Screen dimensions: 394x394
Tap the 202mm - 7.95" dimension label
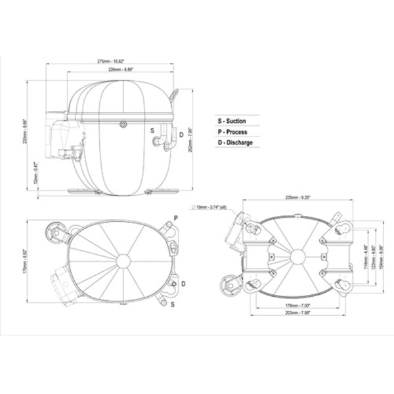(190, 139)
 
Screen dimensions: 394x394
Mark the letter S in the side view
(153, 131)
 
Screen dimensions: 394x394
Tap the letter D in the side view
(181, 135)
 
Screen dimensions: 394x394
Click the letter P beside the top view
(175, 217)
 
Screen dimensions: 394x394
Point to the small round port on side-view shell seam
(122, 124)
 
